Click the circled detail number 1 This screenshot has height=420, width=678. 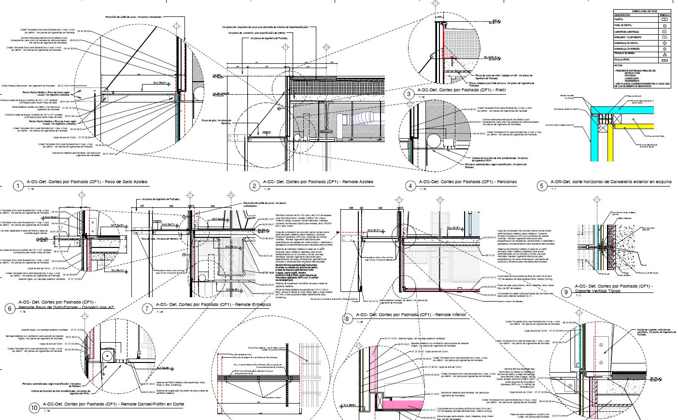[x=18, y=186]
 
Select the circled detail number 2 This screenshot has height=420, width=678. [x=254, y=186]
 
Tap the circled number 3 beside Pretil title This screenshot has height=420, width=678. [x=409, y=94]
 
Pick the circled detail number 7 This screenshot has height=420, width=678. [x=147, y=308]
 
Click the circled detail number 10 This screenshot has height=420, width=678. [x=34, y=408]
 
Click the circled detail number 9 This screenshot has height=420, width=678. [x=566, y=291]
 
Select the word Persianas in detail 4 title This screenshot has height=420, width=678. [x=505, y=182]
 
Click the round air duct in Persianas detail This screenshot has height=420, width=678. [x=433, y=141]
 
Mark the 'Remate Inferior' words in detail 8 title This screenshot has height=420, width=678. [x=451, y=315]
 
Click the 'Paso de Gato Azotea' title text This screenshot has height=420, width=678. [x=127, y=182]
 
